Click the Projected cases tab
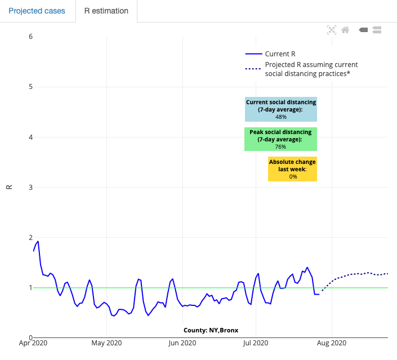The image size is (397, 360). (x=37, y=11)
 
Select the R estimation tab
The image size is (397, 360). (x=106, y=11)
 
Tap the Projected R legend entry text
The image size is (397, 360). (x=311, y=69)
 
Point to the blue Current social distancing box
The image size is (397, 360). (x=280, y=109)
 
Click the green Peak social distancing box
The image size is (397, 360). (x=280, y=139)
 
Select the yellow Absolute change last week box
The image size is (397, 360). (x=292, y=169)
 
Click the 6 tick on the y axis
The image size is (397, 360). (x=30, y=37)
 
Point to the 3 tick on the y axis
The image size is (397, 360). (x=30, y=187)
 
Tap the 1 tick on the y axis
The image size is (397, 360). (x=30, y=288)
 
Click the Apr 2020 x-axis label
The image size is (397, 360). (x=33, y=343)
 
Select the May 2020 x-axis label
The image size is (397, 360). (x=106, y=343)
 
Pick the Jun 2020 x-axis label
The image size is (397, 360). (x=181, y=343)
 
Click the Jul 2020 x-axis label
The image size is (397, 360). (x=256, y=343)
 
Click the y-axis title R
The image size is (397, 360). (x=9, y=187)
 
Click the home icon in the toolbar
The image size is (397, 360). (x=345, y=30)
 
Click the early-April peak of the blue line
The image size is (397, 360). (x=38, y=241)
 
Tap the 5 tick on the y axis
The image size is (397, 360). (x=30, y=87)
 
